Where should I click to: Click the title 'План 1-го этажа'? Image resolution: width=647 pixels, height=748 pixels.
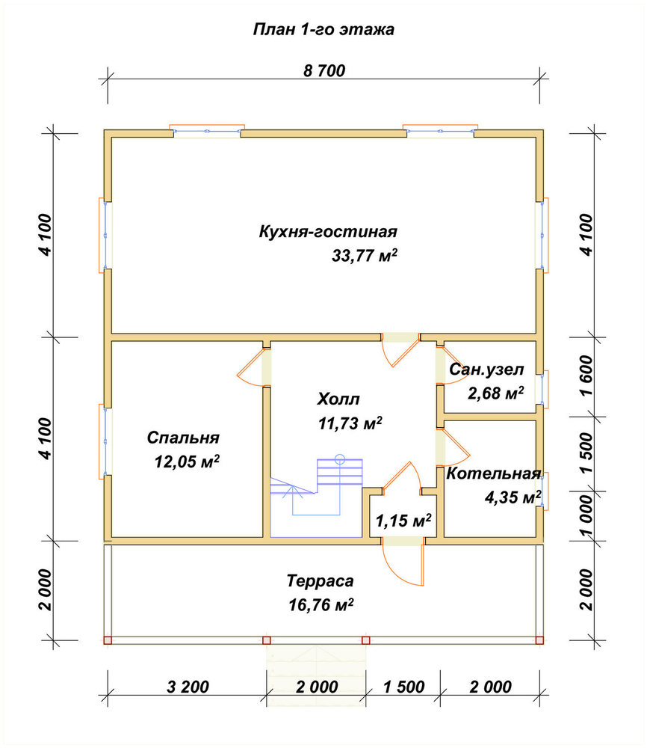point(323,30)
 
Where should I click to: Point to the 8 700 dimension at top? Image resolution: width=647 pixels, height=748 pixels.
point(324,70)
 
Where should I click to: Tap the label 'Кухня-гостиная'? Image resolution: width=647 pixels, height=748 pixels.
point(328,232)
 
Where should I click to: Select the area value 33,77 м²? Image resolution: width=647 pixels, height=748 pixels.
point(365,256)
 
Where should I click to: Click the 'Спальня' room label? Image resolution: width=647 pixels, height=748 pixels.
point(183,438)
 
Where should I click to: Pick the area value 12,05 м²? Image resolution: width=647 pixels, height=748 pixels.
point(187,462)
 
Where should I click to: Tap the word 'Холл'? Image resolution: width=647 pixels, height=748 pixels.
point(338,399)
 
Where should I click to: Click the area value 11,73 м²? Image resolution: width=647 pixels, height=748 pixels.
point(350,423)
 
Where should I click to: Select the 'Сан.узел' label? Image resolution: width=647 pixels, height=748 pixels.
point(486,370)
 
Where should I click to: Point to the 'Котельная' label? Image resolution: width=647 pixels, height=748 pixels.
point(494,473)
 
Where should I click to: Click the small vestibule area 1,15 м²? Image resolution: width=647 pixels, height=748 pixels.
point(403,520)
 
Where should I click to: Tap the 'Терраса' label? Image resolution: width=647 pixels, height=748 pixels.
point(321,581)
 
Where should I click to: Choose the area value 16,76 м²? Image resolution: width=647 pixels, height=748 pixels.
point(321,605)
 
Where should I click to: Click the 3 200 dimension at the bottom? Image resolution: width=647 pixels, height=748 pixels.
point(188,687)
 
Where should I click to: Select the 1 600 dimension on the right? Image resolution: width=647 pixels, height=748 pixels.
point(587,375)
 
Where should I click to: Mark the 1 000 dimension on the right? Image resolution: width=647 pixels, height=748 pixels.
point(587,515)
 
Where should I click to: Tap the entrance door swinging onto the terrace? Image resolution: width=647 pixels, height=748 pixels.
point(403,564)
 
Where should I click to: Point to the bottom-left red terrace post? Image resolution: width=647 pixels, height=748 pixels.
point(108,640)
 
